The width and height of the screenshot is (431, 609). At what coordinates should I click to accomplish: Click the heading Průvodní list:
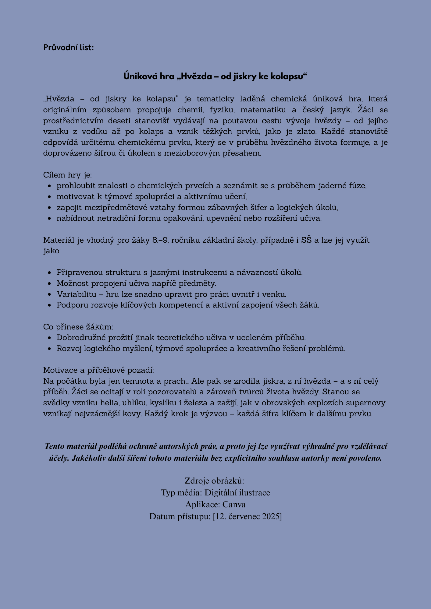click(x=68, y=48)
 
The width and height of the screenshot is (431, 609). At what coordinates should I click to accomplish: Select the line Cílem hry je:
click(x=67, y=175)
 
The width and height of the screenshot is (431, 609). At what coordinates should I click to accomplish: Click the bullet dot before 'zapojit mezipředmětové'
click(x=50, y=208)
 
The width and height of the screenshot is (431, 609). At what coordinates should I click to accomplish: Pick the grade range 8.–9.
click(x=159, y=240)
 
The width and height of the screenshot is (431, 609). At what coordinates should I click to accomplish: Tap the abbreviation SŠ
click(x=306, y=240)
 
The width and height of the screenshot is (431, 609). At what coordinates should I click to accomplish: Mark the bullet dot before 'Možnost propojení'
click(x=50, y=284)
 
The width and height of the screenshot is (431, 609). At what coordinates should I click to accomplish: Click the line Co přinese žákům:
click(x=78, y=327)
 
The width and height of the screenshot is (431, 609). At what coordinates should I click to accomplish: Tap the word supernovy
click(x=367, y=403)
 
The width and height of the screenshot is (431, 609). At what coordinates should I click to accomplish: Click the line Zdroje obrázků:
click(x=215, y=481)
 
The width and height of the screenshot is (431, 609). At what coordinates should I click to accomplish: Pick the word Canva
click(x=234, y=505)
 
